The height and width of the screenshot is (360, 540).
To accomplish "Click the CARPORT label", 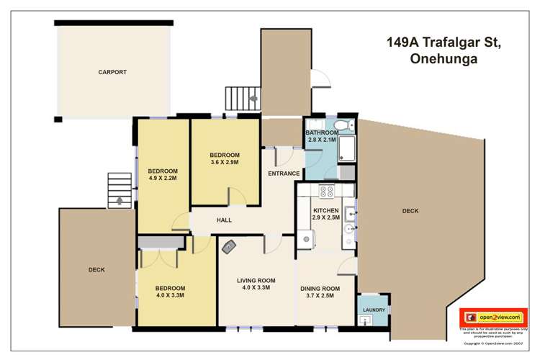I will (x=112, y=72).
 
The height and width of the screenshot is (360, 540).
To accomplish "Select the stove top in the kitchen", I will (x=326, y=192).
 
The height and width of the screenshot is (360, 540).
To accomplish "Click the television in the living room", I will (x=230, y=246).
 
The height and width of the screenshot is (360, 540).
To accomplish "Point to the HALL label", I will (x=224, y=220).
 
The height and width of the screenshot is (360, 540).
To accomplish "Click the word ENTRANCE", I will (x=284, y=174).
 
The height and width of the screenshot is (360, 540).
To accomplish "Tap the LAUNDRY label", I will (x=374, y=310).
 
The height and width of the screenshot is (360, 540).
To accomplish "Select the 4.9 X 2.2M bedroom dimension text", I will (x=163, y=178).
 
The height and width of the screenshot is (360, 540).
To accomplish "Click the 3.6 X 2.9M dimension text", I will (x=224, y=162).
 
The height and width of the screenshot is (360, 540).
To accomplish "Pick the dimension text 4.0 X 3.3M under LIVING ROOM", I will (x=256, y=288).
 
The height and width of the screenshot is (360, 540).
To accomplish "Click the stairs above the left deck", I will (x=120, y=190).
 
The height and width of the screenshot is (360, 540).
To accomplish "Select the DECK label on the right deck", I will (x=410, y=211).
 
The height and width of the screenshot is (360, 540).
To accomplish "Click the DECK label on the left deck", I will (x=96, y=270).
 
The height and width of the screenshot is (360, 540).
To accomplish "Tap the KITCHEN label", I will (x=325, y=211).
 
